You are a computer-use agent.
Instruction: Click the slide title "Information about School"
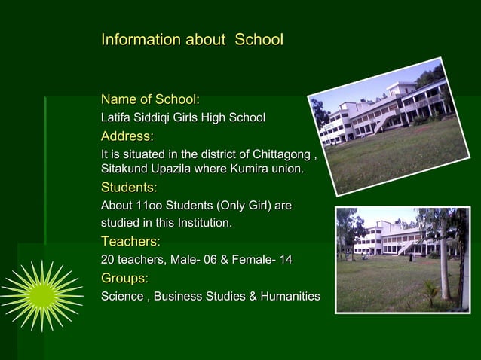(191, 39)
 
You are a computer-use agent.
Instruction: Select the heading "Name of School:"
(150, 99)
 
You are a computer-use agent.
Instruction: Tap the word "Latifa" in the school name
(117, 118)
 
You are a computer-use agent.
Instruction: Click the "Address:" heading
(127, 136)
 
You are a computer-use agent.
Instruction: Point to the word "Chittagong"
(281, 155)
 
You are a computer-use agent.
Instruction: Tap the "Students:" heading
(129, 188)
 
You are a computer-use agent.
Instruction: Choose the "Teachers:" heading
(130, 241)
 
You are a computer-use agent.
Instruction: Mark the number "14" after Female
(285, 260)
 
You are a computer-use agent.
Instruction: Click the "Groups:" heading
(124, 278)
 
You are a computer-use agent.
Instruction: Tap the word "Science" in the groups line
(122, 297)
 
